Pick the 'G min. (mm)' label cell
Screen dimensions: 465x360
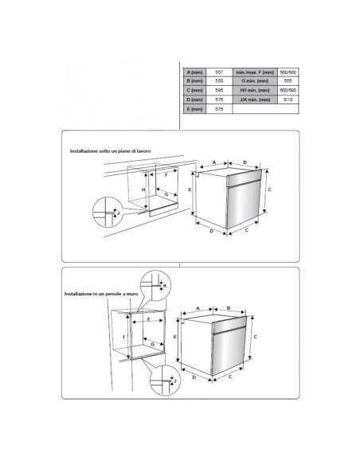(x=252, y=82)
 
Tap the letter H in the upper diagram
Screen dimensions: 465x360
(x=143, y=190)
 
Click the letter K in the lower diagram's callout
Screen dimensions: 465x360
(x=165, y=284)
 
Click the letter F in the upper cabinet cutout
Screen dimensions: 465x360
(x=166, y=174)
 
